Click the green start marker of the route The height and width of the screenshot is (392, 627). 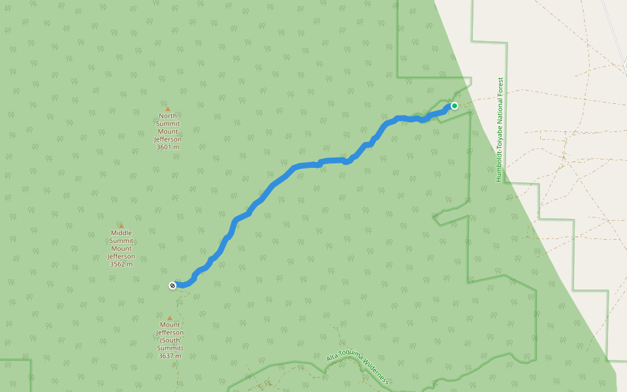[454, 106]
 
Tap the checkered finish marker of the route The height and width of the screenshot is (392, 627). [172, 285]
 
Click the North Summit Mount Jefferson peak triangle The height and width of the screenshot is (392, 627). [167, 109]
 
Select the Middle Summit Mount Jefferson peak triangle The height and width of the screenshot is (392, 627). [121, 226]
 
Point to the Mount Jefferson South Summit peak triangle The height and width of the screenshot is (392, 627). [169, 318]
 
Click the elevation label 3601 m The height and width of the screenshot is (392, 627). [167, 147]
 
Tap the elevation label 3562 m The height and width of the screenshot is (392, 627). [121, 264]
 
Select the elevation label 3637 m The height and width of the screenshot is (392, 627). [169, 356]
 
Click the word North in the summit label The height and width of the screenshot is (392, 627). [167, 116]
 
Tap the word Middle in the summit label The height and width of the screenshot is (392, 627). [121, 233]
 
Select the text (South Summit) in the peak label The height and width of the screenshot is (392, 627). [169, 344]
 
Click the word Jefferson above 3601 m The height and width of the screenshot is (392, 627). [167, 139]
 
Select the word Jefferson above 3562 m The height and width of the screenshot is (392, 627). [121, 256]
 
